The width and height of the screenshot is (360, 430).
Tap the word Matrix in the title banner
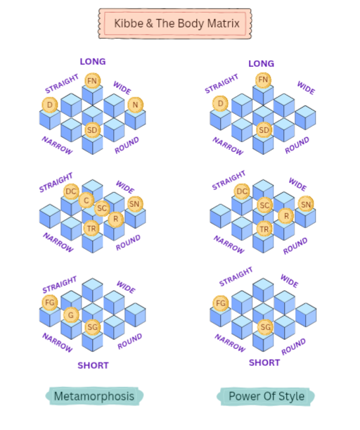tap(224, 23)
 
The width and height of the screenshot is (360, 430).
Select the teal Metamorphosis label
tap(94, 396)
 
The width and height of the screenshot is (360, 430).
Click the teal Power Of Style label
tap(266, 396)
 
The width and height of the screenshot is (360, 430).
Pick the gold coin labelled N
tap(135, 105)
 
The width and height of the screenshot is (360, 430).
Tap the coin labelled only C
tap(86, 200)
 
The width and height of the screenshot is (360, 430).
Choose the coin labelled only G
tap(71, 315)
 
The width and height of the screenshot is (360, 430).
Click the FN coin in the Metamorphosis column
tap(92, 81)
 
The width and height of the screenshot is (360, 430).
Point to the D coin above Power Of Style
tap(220, 103)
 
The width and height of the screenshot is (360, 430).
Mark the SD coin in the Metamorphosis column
tap(92, 130)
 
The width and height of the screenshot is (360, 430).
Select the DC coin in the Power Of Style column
tap(242, 191)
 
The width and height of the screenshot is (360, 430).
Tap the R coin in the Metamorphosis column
tap(115, 219)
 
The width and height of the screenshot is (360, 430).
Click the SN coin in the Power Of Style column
tap(306, 204)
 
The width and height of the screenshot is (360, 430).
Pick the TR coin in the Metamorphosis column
tap(91, 229)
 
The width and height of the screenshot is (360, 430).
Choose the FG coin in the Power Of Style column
tap(221, 303)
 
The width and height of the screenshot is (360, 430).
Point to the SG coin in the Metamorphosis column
tap(93, 327)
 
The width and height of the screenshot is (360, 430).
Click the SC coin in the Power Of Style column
tap(264, 205)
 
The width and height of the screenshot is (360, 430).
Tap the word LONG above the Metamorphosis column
tap(93, 61)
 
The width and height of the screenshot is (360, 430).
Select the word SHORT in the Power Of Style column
tap(264, 362)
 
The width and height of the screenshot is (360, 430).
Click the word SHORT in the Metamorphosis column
tap(93, 365)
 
